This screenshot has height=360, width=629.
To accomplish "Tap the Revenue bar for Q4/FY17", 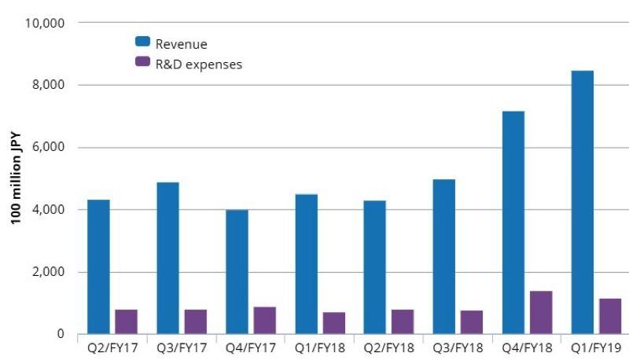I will [x=237, y=271].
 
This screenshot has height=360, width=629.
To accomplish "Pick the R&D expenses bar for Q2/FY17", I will [x=126, y=321].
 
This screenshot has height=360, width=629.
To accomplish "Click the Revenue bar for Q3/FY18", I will [x=443, y=256].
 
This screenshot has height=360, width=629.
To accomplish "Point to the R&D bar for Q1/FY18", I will [x=333, y=323].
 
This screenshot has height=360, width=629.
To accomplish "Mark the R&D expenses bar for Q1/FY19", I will [x=609, y=316].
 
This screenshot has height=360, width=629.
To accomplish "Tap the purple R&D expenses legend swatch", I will [x=142, y=62].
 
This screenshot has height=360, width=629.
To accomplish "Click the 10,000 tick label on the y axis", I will [x=46, y=23].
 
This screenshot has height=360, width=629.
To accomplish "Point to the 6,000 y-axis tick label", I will [x=49, y=148].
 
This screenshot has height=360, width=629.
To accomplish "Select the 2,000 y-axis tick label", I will [x=49, y=272].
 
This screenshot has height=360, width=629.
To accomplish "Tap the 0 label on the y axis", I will [x=59, y=335].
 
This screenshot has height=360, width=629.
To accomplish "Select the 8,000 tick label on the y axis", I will [x=49, y=85].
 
